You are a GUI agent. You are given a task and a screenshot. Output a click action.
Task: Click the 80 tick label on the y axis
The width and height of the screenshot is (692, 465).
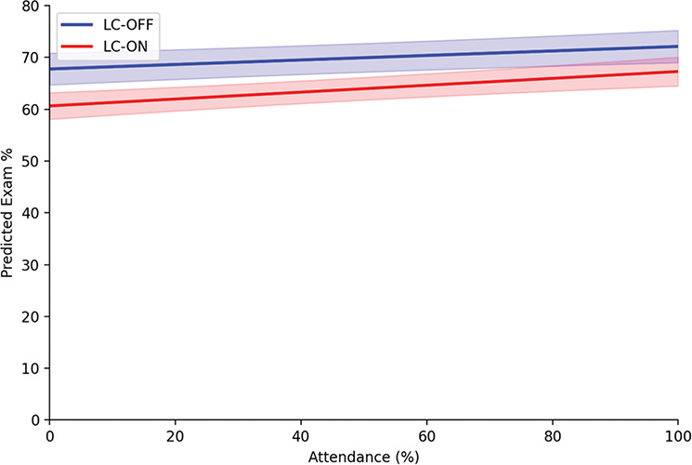tap(31, 6)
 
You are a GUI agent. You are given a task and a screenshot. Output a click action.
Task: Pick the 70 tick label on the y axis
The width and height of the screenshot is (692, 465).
tap(31, 58)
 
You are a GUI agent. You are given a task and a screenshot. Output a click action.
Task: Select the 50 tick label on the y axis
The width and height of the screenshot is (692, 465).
tap(31, 161)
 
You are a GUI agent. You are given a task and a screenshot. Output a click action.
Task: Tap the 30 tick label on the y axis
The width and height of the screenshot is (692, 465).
tap(31, 265)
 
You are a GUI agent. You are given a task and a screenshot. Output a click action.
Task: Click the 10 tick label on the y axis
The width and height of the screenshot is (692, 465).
tap(31, 368)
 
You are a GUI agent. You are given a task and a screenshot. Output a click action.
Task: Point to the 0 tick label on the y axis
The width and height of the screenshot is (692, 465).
tap(34, 420)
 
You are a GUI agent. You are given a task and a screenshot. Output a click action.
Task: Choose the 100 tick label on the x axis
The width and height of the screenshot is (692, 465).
tap(677, 435)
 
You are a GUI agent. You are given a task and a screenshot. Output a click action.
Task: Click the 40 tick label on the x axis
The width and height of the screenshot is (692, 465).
tap(300, 435)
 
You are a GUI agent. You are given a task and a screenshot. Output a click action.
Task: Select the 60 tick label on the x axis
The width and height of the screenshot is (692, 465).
tap(425, 435)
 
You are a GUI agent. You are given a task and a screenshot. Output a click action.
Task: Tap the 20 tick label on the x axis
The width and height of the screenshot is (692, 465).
tap(175, 435)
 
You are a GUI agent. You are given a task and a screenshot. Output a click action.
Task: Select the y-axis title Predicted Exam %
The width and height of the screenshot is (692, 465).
tap(9, 212)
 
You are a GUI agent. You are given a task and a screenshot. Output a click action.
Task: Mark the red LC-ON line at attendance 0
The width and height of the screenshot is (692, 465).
tap(50, 106)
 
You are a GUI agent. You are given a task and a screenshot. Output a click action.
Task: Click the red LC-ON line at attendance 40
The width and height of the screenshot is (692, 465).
tap(300, 92)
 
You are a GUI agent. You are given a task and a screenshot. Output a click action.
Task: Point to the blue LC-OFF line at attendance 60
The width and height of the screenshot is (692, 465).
tap(425, 56)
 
